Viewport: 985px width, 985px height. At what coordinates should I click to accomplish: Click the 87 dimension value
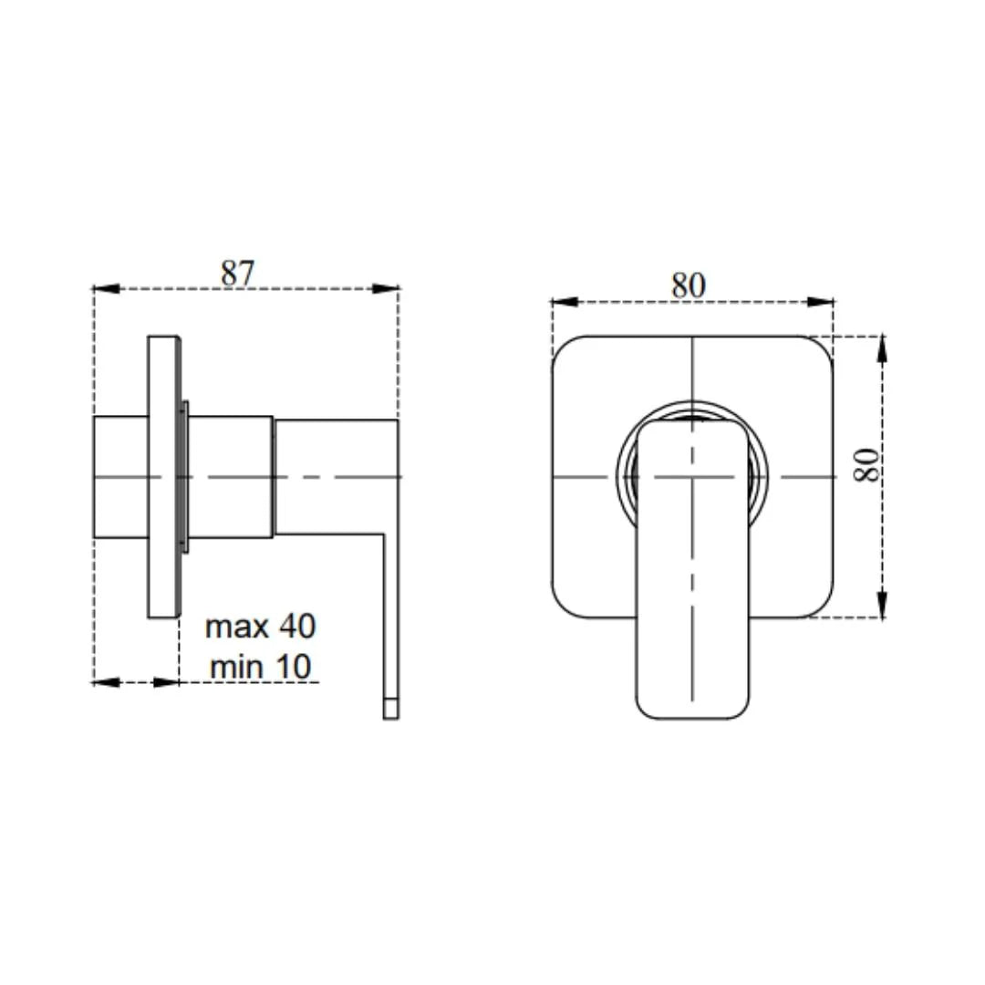[239, 272]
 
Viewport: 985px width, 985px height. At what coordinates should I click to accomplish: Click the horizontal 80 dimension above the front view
[689, 285]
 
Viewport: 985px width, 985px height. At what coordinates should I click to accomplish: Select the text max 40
[260, 627]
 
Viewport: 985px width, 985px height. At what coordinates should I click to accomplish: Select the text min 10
[260, 668]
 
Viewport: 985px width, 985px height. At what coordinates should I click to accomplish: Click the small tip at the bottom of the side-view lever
[390, 709]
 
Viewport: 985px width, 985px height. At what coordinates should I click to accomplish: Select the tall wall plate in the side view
[164, 476]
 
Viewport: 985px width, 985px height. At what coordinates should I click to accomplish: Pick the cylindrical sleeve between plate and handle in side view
[230, 476]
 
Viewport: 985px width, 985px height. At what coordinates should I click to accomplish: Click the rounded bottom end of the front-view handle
[693, 704]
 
